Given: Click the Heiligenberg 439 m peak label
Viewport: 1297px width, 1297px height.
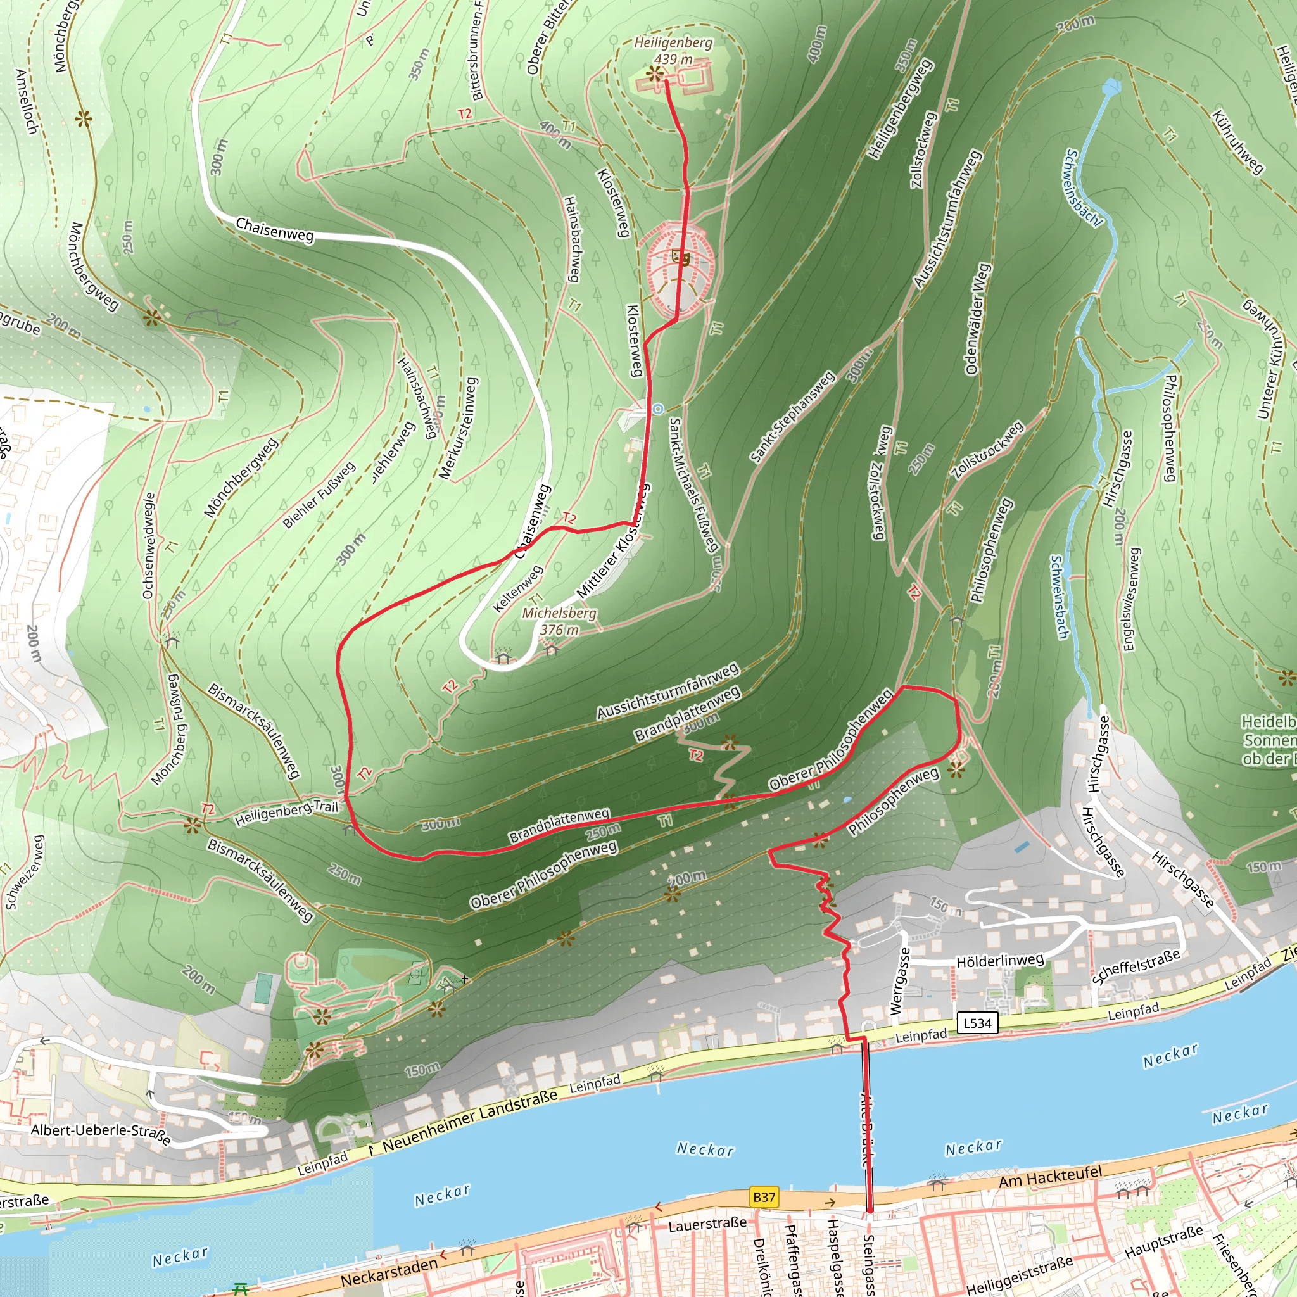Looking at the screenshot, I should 673,51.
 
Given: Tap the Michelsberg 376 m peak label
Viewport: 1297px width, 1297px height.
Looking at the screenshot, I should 559,621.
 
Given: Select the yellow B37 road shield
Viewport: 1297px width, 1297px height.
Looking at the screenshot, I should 764,1196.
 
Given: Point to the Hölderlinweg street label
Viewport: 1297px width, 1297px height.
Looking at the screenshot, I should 999,961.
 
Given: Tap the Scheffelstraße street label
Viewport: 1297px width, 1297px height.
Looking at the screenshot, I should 1136,966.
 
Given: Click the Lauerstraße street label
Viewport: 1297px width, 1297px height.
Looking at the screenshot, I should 707,1223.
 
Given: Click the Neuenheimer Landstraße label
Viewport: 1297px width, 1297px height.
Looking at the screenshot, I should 470,1118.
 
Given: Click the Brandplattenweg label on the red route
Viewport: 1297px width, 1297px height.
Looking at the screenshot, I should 559,826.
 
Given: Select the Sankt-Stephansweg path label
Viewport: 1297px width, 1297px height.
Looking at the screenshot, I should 792,417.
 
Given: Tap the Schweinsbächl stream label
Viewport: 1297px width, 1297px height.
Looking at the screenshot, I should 1083,189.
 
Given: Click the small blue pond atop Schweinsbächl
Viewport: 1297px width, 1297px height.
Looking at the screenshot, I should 1111,86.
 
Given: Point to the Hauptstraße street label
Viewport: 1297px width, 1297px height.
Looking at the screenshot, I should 1163,1241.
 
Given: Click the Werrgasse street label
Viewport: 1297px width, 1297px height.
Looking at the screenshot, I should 899,981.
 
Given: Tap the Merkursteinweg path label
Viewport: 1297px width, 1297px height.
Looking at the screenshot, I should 459,428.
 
